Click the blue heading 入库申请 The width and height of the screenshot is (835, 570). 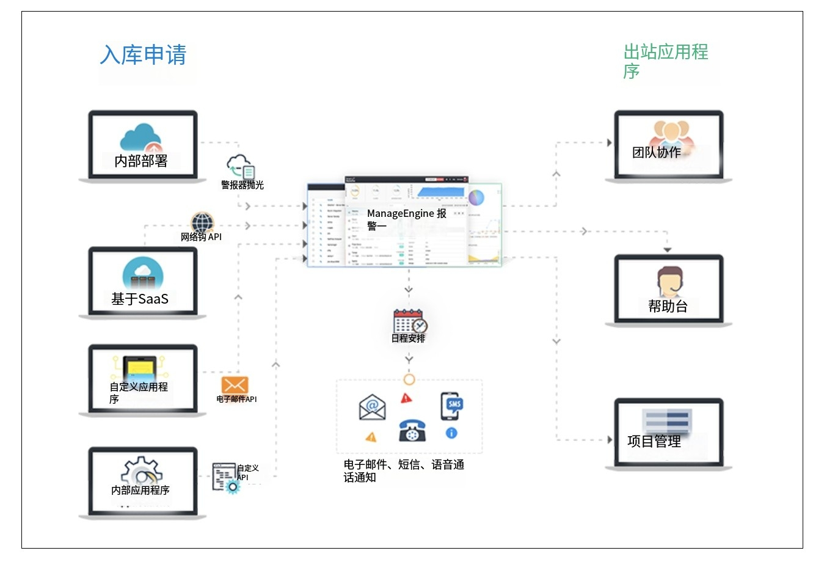point(143,55)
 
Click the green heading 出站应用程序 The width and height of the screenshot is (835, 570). point(665,61)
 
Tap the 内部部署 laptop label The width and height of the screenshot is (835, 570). point(140,161)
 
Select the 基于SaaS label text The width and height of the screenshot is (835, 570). point(140,299)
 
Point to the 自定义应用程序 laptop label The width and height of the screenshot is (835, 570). point(139,393)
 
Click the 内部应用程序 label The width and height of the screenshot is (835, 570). point(140,490)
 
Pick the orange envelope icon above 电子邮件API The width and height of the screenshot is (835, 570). point(235,385)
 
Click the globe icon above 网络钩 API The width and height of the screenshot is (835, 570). point(202,222)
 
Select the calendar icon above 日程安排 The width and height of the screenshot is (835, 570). point(409,321)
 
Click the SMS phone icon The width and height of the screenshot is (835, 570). point(451,406)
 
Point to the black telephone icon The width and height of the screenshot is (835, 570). point(412,430)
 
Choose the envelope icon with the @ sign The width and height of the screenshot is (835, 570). point(372,407)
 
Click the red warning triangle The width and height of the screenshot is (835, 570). point(406,398)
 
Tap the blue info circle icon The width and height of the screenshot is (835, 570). point(451,433)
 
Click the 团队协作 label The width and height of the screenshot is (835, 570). point(656,153)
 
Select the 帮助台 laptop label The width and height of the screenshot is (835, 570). point(668,306)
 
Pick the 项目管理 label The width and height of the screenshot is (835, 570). point(654,441)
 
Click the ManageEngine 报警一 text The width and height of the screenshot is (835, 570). point(406,219)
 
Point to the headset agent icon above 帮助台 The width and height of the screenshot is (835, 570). point(670,282)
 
